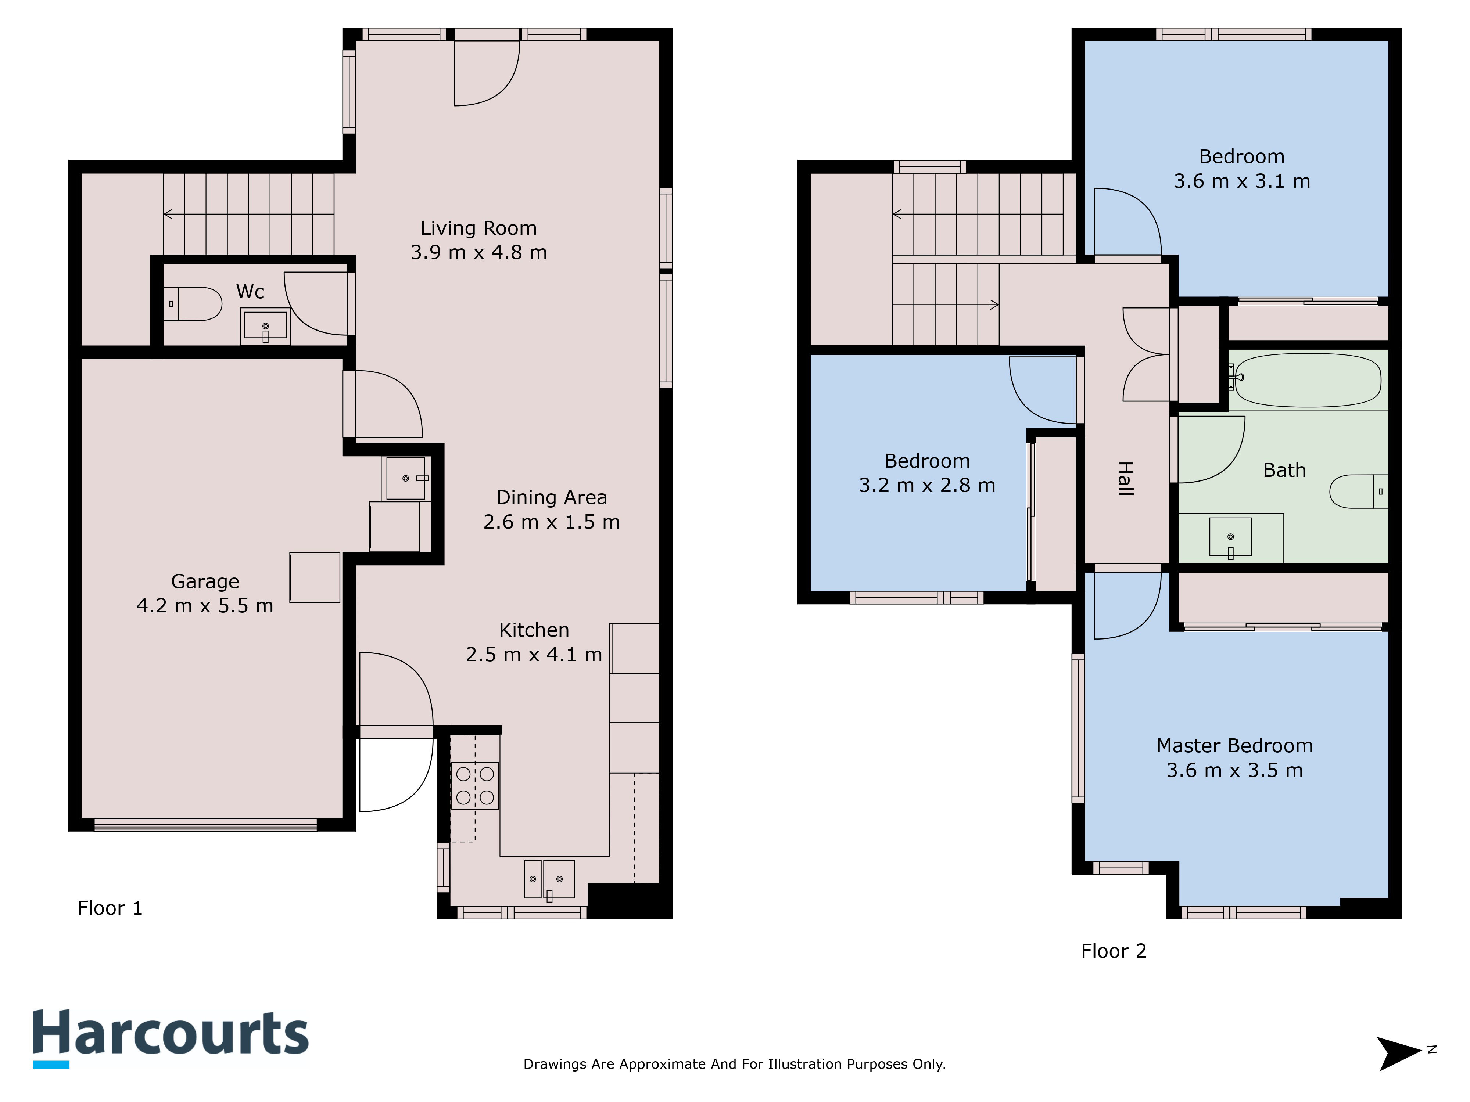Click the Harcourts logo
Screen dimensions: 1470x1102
click(171, 1038)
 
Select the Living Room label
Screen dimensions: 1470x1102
click(478, 228)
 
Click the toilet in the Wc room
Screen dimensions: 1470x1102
click(193, 304)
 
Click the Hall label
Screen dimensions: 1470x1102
click(1125, 479)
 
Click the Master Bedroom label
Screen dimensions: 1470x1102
click(1235, 746)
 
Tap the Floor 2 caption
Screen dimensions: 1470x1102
click(1114, 951)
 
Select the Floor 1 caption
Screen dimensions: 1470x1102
click(110, 908)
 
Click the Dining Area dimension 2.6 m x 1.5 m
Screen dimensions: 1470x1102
click(552, 522)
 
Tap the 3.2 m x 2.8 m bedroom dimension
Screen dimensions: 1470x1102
click(927, 486)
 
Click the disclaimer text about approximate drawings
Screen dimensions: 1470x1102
click(734, 1064)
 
